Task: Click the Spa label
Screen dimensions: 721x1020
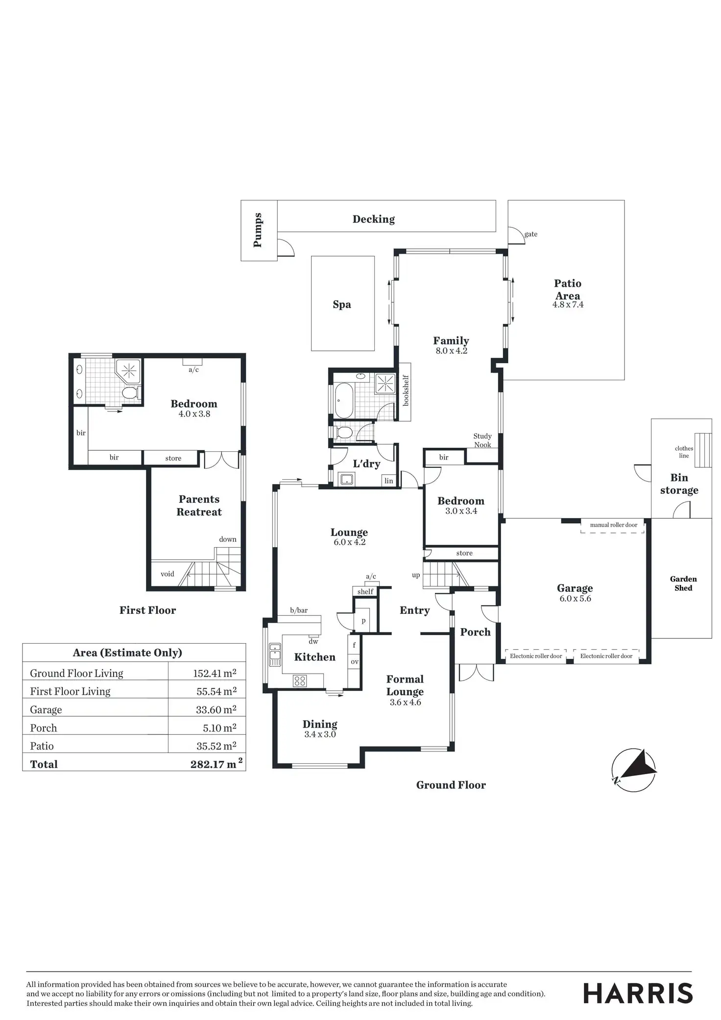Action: (342, 304)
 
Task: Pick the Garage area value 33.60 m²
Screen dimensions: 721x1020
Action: (216, 709)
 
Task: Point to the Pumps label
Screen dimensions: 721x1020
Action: (258, 230)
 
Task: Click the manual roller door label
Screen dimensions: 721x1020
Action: (613, 525)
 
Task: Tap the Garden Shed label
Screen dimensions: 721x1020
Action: (683, 583)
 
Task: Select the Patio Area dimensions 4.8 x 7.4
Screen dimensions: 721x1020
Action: (568, 304)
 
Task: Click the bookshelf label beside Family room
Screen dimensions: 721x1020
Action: (405, 390)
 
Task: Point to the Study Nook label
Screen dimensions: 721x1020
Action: (482, 440)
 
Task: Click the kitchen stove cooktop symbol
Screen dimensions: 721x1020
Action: (299, 680)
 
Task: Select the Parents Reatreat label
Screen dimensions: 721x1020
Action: (199, 506)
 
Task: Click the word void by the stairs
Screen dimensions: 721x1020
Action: (168, 574)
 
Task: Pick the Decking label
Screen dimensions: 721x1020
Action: (374, 219)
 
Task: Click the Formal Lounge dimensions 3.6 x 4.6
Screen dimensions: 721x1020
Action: (405, 702)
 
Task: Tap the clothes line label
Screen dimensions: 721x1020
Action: (684, 452)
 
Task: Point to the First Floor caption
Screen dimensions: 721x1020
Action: (147, 610)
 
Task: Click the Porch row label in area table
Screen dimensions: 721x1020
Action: (44, 728)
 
